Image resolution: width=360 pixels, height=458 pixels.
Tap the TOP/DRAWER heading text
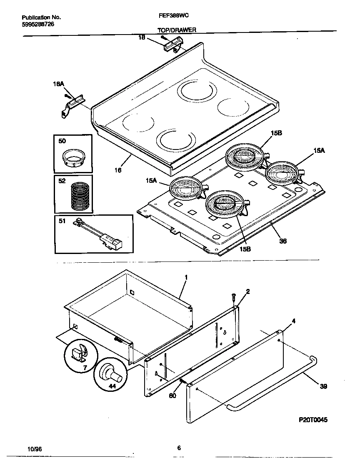coord(177,30)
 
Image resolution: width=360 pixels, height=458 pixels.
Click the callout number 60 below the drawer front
coord(172,395)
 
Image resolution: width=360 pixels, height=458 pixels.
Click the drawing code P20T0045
coord(313,420)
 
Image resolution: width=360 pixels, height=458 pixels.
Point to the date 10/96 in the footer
coord(35,449)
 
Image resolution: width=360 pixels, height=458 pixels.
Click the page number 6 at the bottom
coord(178,448)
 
